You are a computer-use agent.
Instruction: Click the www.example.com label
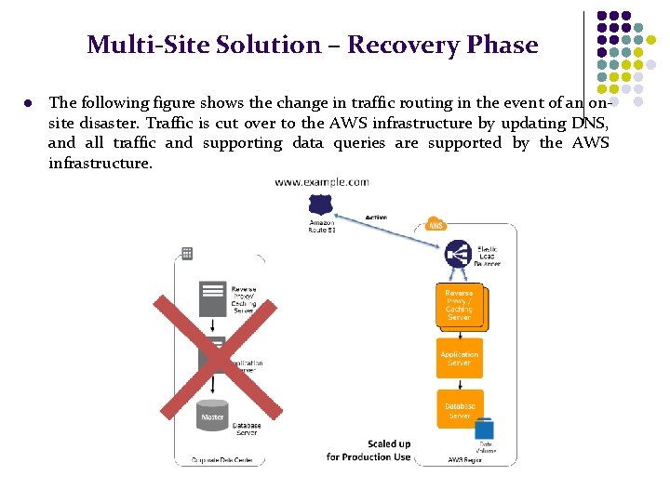[x=321, y=182]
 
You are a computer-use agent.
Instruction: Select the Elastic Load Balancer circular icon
[x=458, y=254]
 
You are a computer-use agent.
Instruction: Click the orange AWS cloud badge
[x=435, y=224]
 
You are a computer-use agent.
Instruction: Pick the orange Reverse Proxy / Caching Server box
[x=459, y=305]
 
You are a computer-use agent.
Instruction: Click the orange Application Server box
[x=460, y=358]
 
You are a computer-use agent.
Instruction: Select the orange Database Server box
[x=460, y=409]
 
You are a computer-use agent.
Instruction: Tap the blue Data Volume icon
[x=484, y=429]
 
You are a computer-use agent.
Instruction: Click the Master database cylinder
[x=213, y=416]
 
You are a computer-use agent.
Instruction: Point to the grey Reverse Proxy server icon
[x=213, y=298]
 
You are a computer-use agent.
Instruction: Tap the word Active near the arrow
[x=376, y=217]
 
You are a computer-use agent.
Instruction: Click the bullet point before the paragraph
[x=29, y=103]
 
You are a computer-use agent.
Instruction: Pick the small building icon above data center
[x=187, y=253]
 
